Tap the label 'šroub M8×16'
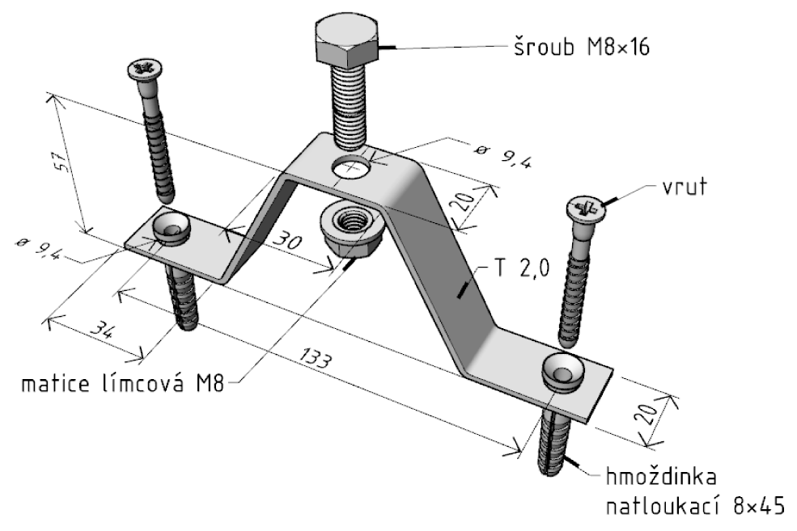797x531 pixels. pos(582,47)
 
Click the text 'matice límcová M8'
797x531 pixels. pos(122,383)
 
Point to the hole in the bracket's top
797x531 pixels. pos(351,167)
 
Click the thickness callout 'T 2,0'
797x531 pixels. pos(521,268)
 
